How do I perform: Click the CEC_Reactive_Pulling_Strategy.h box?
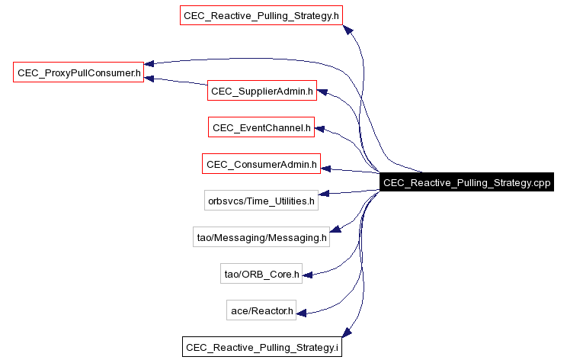click(x=261, y=15)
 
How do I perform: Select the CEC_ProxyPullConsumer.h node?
click(x=78, y=73)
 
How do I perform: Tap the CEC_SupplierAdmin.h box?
click(x=262, y=92)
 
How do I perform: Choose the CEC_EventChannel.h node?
click(x=261, y=127)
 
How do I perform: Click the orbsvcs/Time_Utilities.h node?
click(x=261, y=201)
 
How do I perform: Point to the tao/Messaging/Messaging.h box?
click(x=261, y=237)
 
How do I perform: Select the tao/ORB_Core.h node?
click(x=261, y=273)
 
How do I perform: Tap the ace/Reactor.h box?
click(x=261, y=310)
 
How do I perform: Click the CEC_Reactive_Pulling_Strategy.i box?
click(x=261, y=346)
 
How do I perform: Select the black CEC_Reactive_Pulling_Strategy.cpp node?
click(x=466, y=182)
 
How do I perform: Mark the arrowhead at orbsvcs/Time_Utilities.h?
click(x=323, y=194)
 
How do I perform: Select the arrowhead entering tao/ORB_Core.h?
click(x=308, y=271)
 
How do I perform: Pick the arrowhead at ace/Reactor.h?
click(x=302, y=312)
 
